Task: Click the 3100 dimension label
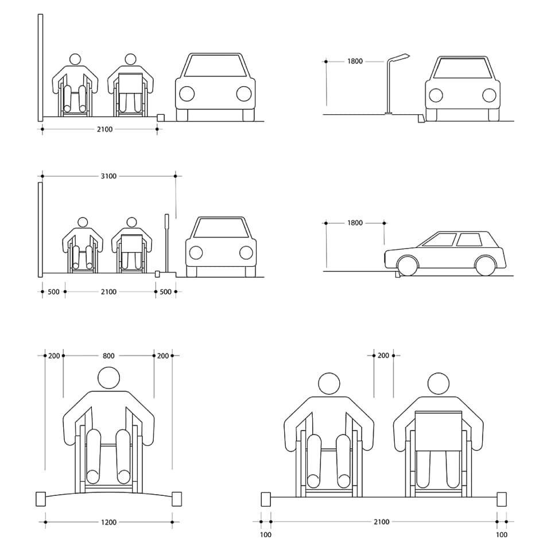point(108,176)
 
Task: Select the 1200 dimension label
point(108,522)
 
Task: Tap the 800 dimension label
point(108,356)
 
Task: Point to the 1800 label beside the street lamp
point(355,61)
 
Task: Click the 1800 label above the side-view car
point(355,223)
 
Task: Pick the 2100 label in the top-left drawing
point(104,129)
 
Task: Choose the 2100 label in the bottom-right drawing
point(382,522)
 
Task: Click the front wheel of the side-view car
point(408,265)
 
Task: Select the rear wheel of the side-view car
point(486,265)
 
